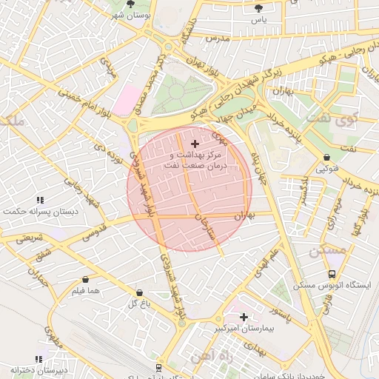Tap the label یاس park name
tap(258, 20)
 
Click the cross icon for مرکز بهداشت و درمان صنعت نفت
tap(195, 144)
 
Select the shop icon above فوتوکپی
tap(326, 157)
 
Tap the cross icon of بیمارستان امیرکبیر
tap(243, 316)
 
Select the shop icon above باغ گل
tap(139, 292)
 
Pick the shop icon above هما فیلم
tap(86, 279)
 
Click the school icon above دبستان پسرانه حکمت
tap(39, 200)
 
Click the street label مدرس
tap(218, 38)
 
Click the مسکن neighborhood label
tap(329, 251)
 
